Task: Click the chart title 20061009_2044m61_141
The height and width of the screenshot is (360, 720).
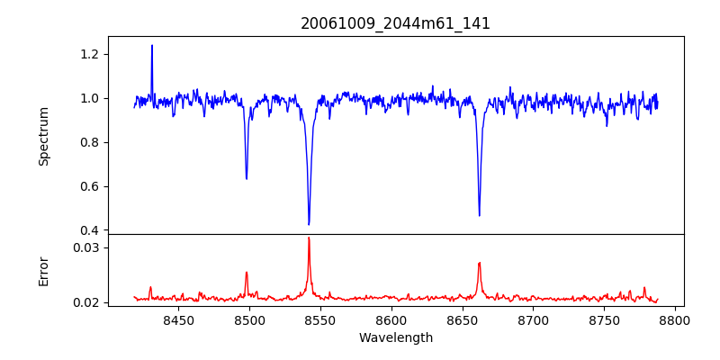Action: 395,23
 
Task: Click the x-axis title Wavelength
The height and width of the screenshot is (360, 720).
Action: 395,337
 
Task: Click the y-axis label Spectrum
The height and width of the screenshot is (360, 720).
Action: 43,135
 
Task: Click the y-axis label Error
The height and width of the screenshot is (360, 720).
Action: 43,270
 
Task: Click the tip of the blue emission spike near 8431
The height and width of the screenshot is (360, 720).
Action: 152,45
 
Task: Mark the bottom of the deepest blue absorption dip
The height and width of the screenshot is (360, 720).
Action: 309,224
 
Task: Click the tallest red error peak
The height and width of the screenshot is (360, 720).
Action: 309,238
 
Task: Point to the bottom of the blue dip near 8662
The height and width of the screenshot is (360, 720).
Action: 479,215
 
